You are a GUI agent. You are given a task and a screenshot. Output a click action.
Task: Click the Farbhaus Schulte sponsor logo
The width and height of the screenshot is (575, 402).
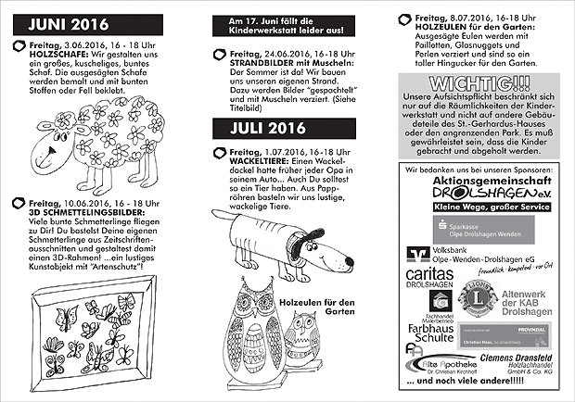(428, 331)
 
